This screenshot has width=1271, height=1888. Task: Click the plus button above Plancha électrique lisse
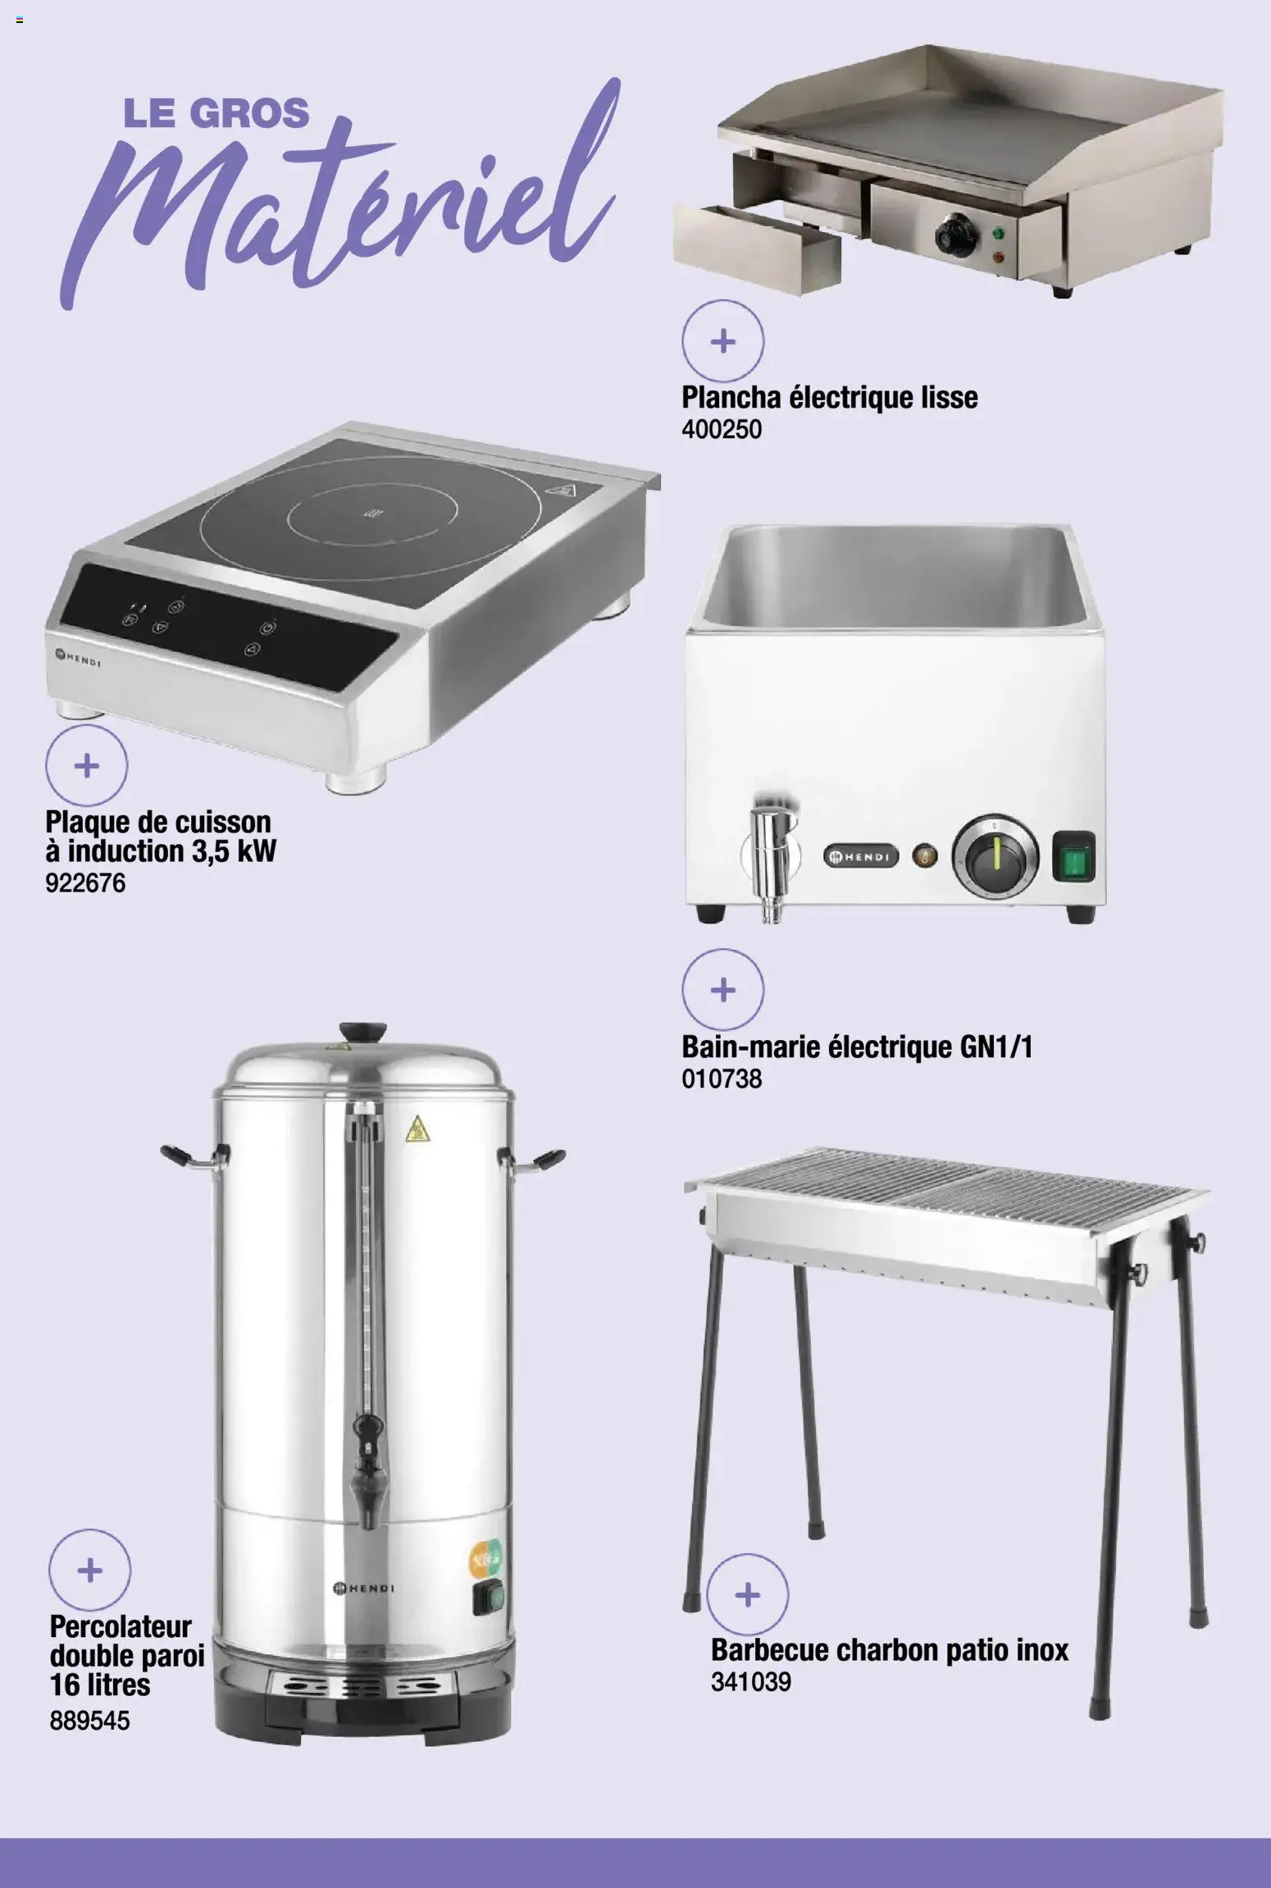[x=722, y=340]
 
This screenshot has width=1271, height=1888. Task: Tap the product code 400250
[x=722, y=429]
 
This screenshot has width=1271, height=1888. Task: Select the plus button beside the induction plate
[x=86, y=765]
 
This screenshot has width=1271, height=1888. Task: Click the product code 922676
[x=85, y=883]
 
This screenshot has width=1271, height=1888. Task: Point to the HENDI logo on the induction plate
[x=77, y=657]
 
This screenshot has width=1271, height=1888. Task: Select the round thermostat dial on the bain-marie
[x=995, y=856]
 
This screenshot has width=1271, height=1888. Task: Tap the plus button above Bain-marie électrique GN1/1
[x=722, y=990]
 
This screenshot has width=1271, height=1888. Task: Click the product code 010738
[x=722, y=1079]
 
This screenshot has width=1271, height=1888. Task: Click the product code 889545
[x=89, y=1721]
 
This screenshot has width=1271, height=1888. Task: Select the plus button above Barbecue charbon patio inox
[x=747, y=1595]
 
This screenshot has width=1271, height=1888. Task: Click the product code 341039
[x=750, y=1682]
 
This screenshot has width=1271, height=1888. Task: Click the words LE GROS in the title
[x=216, y=113]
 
